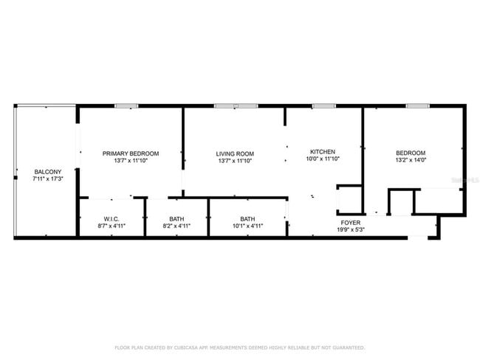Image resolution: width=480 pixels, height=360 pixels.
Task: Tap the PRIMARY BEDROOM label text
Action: [x=131, y=153]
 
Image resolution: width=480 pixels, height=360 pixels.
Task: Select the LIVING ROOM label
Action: [x=235, y=153]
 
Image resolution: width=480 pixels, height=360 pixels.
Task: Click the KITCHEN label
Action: [x=323, y=151]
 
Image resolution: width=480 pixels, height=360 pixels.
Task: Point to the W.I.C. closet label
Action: [x=112, y=219]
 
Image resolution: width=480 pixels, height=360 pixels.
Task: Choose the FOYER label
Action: [x=350, y=223]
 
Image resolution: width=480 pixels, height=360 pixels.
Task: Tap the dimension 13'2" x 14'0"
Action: [x=410, y=160]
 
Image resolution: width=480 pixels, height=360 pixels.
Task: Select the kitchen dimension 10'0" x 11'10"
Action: [x=323, y=159]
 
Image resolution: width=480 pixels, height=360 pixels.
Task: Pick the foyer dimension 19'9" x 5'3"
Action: [x=350, y=229]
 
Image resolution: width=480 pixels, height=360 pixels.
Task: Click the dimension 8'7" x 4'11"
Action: [x=112, y=226]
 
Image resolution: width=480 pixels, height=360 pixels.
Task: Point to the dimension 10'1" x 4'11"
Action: [x=247, y=226]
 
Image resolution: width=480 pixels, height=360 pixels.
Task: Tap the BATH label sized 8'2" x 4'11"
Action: [x=176, y=219]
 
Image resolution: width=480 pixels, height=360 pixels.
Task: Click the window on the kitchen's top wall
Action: [x=323, y=106]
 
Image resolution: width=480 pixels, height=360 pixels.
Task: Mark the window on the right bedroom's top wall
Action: [x=417, y=106]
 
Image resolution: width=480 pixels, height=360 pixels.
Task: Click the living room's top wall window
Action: [x=236, y=106]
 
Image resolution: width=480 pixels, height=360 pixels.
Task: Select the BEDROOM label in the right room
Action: [x=410, y=153]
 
